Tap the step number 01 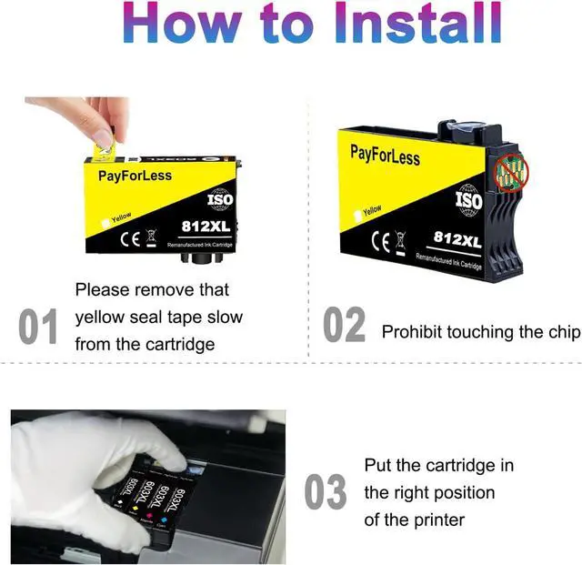pyautogui.click(x=38, y=328)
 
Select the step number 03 pyautogui.click(x=325, y=492)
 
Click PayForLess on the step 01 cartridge pyautogui.click(x=134, y=175)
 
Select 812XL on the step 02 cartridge pyautogui.click(x=457, y=238)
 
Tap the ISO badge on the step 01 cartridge pyautogui.click(x=220, y=199)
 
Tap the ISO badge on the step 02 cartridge pyautogui.click(x=468, y=199)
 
